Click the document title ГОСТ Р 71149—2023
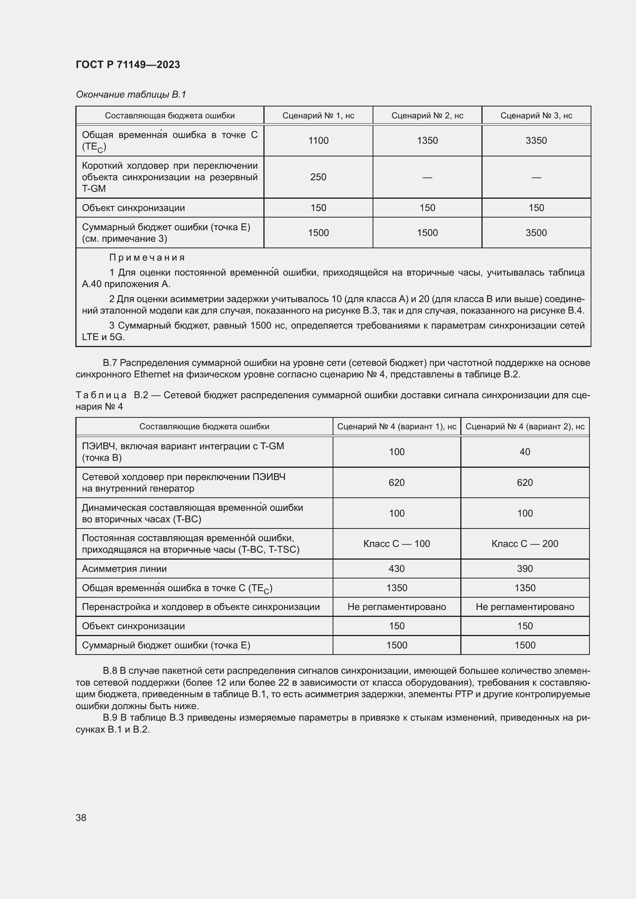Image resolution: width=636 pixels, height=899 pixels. pos(128,65)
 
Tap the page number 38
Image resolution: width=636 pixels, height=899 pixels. pos(81,818)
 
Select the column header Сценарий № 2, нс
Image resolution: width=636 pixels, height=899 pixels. pos(427,116)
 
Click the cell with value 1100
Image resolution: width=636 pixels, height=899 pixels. pos(318,141)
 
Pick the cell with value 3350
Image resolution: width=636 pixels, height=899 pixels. pos(536,141)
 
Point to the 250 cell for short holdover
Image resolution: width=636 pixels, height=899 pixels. pos(318,177)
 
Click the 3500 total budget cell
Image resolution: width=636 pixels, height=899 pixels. pos(536,233)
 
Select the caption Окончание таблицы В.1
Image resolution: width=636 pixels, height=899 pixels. pos(131,95)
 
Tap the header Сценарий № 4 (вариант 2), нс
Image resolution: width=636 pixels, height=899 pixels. pos(524,426)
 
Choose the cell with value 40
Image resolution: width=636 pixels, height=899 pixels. pos(524,452)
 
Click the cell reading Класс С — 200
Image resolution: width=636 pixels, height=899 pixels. pos(524,543)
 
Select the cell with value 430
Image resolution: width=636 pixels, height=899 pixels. pos(396,568)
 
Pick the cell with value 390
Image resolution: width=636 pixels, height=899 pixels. pos(524,568)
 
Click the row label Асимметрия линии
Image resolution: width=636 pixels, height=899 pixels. pos(124,568)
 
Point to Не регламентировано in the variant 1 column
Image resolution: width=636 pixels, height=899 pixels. pos(396,607)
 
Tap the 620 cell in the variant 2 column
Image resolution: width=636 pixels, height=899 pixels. pos(524,482)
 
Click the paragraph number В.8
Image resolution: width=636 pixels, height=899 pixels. pos(110,671)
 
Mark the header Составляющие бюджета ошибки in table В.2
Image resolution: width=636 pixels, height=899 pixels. pos(204,426)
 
